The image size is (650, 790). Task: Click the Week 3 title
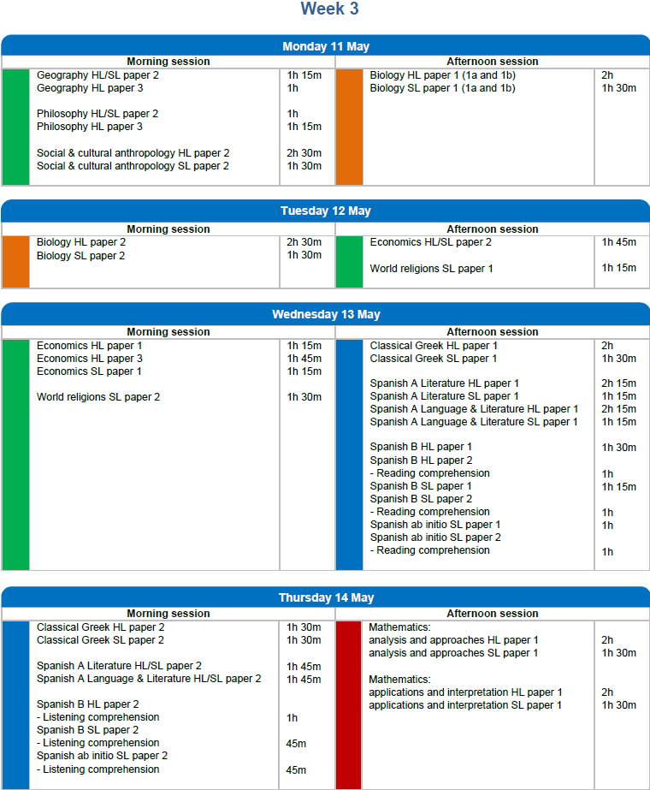click(329, 9)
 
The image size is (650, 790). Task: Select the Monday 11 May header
click(325, 46)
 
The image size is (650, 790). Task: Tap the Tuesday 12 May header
click(325, 211)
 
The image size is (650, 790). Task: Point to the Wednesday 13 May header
click(325, 314)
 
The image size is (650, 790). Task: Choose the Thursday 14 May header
click(325, 597)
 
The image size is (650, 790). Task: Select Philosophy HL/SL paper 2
click(97, 114)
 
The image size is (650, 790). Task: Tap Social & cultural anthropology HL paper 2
click(133, 153)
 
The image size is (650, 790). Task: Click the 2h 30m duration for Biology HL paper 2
click(304, 242)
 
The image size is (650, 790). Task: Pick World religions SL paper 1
click(431, 269)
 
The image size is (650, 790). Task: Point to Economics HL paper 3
click(89, 359)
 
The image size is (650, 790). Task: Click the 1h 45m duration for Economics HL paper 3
click(304, 359)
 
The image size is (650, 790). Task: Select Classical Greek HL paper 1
click(434, 346)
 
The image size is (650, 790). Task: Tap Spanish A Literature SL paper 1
click(444, 396)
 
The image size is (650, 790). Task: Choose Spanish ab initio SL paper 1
click(434, 525)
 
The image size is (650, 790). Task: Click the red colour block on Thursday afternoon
click(349, 704)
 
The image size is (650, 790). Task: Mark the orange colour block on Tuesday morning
click(15, 262)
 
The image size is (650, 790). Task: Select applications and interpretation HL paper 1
click(465, 692)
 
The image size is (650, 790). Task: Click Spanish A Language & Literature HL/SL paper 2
click(149, 679)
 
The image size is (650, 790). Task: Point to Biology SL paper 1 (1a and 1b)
click(442, 88)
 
